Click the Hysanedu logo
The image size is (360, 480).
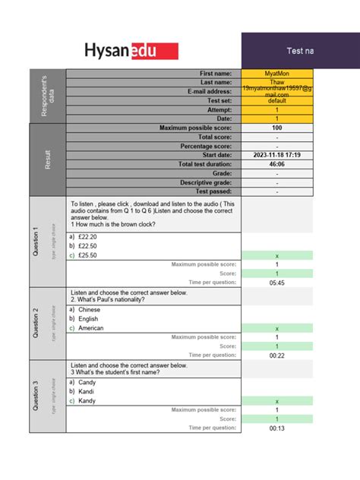pos(131,51)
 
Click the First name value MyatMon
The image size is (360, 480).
pos(276,73)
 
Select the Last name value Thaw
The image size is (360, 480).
pos(276,82)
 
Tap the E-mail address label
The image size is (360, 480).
pos(209,91)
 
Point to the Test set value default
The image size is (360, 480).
pos(276,100)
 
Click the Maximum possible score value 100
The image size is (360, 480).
pos(276,128)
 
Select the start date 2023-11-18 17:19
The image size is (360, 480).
pos(276,155)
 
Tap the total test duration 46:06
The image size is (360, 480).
pos(276,164)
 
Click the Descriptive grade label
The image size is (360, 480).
pos(206,182)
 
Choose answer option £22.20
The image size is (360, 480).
pos(87,237)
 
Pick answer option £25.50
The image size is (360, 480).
pos(87,255)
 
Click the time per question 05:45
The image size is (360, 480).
pos(276,283)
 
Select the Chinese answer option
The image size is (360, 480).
pos(90,310)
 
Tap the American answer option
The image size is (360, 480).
pos(91,328)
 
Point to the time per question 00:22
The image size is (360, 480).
pos(276,355)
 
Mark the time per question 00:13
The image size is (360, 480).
pos(276,428)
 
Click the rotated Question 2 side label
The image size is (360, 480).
pos(35,323)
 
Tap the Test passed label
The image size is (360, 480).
pos(213,191)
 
